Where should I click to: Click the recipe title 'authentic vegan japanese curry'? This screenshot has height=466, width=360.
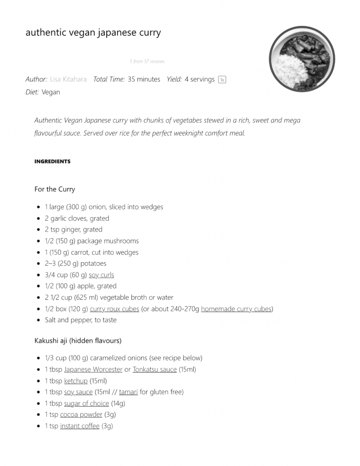click(93, 33)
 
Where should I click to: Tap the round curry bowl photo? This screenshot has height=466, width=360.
click(302, 59)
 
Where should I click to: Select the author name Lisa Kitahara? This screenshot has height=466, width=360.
click(68, 79)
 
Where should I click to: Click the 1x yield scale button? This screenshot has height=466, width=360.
click(222, 80)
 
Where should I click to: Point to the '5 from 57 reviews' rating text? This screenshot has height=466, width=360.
click(147, 61)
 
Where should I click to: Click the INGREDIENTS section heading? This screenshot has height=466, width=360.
click(52, 162)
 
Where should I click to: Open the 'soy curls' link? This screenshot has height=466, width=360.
click(101, 275)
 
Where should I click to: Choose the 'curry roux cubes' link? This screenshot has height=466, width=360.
click(115, 309)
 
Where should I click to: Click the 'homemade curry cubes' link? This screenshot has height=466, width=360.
click(236, 309)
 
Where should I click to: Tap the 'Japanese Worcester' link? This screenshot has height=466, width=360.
click(93, 370)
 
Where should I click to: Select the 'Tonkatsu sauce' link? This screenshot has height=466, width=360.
click(155, 370)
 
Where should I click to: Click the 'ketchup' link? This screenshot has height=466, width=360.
click(76, 381)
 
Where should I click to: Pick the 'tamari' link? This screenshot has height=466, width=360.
click(128, 392)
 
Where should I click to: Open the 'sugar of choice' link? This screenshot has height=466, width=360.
click(86, 403)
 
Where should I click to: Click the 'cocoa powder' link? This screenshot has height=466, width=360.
click(81, 415)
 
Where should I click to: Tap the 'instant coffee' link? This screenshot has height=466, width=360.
click(80, 426)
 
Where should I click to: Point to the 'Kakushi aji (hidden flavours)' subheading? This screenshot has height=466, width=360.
click(78, 340)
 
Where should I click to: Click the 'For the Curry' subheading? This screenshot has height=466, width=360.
click(55, 189)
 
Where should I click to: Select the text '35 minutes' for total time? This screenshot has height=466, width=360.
click(144, 79)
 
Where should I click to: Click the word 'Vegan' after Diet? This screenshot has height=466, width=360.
click(51, 92)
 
